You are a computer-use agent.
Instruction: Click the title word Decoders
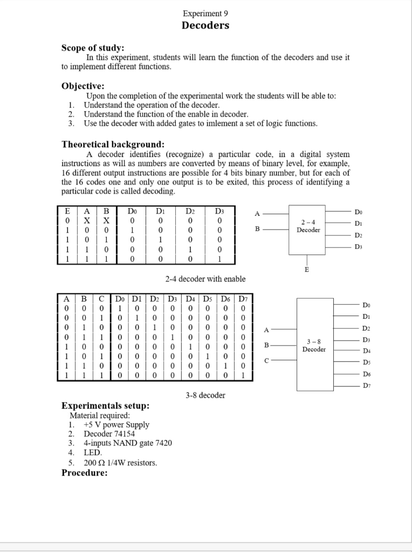[205, 25]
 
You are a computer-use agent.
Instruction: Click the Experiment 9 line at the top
[205, 13]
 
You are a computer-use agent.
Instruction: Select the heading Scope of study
[93, 48]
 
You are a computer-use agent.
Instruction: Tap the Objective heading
[83, 86]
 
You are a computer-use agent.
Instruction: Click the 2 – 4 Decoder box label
[308, 226]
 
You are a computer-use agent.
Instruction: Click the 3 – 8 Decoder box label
[314, 346]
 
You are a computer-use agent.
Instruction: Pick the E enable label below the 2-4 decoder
[307, 270]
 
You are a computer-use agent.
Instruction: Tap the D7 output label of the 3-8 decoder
[367, 385]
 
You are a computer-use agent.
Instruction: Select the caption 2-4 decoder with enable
[205, 279]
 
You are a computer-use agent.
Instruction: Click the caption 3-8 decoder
[205, 395]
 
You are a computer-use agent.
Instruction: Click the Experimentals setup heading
[105, 405]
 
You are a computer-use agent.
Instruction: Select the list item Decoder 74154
[109, 434]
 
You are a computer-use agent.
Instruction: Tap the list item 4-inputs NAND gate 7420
[128, 443]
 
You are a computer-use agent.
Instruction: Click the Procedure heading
[84, 473]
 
